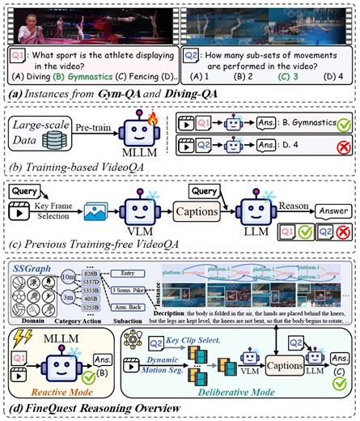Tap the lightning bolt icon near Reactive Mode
click(x=21, y=341)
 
